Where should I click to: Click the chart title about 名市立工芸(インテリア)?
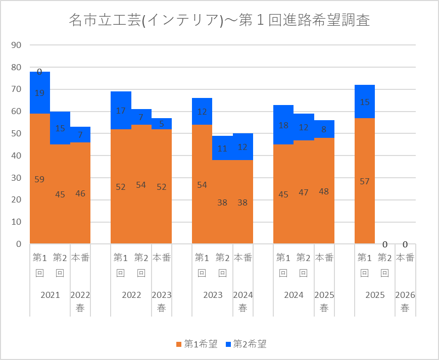[219, 20]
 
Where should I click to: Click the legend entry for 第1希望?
[197, 344]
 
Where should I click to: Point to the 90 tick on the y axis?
[16, 45]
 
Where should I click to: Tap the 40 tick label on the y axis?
[16, 156]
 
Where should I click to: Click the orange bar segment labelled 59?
[39, 179]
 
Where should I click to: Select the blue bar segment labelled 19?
[39, 93]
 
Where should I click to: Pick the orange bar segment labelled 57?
[364, 181]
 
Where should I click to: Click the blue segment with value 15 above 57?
[364, 102]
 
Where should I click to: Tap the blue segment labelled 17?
[121, 111]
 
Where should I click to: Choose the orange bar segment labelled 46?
[80, 193]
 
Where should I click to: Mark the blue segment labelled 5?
[162, 124]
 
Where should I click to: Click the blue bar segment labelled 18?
[283, 125]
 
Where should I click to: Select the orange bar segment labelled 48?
[324, 191]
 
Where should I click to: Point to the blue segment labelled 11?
[222, 148]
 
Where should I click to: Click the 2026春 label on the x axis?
[405, 301]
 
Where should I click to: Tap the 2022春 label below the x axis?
[80, 301]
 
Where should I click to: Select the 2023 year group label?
[212, 295]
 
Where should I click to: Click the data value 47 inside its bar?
[304, 192]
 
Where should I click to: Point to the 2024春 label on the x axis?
[242, 301]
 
